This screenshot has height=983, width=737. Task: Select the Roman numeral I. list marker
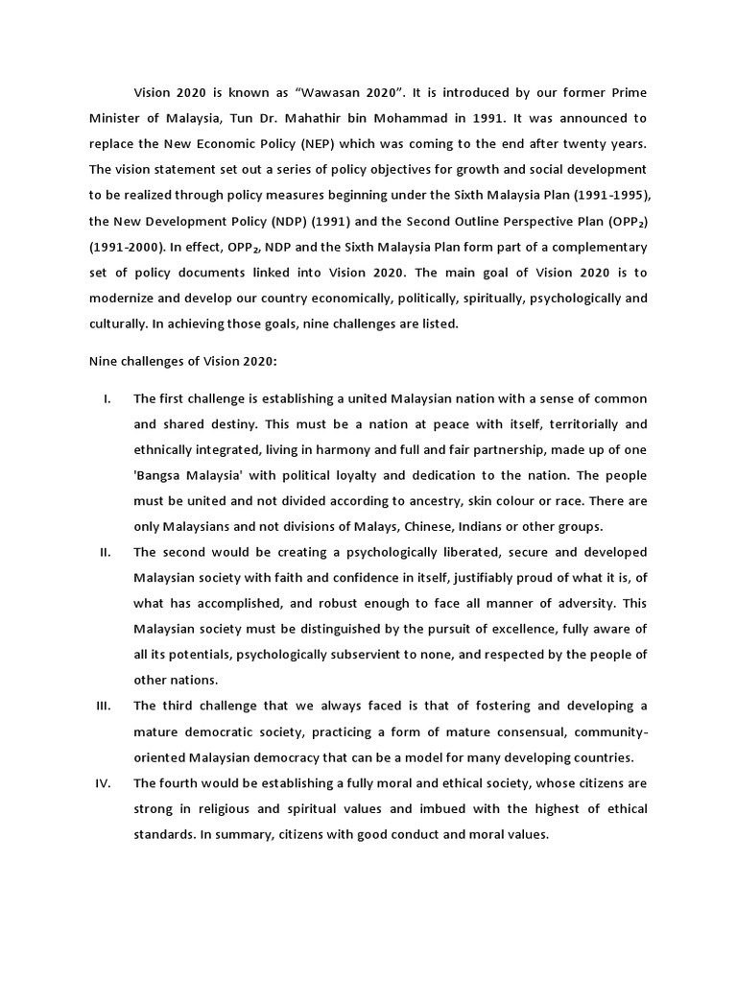(108, 398)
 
